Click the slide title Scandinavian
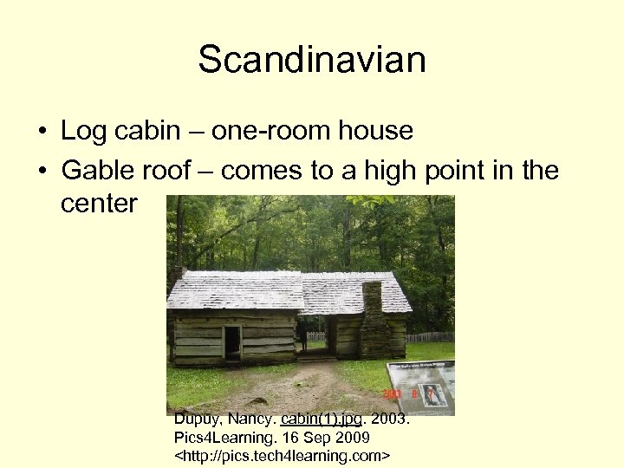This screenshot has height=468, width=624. [x=312, y=61]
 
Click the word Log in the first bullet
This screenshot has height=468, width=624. [x=81, y=131]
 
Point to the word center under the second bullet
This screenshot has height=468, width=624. [x=99, y=204]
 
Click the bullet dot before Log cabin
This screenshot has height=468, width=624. [x=41, y=133]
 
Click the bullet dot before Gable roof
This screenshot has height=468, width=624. [x=41, y=172]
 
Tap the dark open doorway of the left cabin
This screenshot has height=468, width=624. [x=232, y=343]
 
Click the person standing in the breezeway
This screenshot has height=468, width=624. [x=303, y=337]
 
